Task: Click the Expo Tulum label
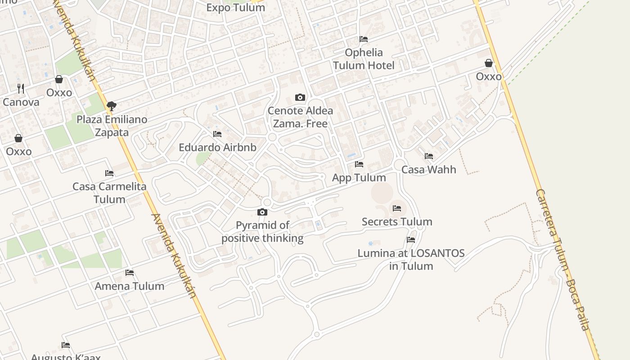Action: (x=235, y=8)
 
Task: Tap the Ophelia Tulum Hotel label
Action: (x=364, y=59)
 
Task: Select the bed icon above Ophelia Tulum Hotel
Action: (x=364, y=39)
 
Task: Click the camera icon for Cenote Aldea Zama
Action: (x=300, y=97)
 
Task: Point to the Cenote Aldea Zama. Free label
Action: (x=300, y=117)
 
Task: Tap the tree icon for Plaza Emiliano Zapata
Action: (x=111, y=106)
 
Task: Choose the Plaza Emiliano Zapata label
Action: (x=112, y=126)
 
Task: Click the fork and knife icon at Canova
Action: (x=21, y=88)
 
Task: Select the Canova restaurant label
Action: (x=21, y=102)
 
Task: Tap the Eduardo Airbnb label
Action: (x=217, y=148)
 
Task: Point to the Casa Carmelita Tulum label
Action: (x=109, y=193)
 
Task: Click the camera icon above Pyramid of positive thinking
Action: (x=262, y=212)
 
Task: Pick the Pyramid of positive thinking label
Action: (x=262, y=231)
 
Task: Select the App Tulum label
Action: (x=359, y=178)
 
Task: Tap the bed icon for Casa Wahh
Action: (x=429, y=156)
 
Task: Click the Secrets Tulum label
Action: (x=397, y=222)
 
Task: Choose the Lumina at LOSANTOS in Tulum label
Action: (x=411, y=259)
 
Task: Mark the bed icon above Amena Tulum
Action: (x=130, y=272)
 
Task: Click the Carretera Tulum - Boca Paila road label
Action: (x=562, y=260)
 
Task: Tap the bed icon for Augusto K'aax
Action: (x=66, y=345)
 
